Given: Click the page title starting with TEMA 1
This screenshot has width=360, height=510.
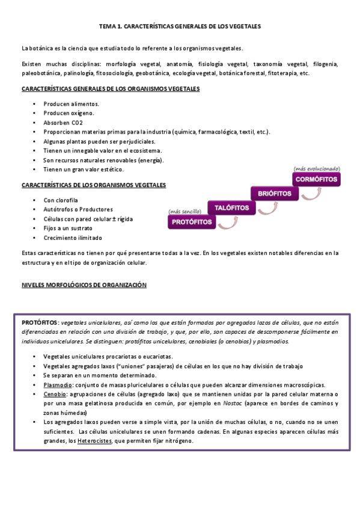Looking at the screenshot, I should pos(180,27).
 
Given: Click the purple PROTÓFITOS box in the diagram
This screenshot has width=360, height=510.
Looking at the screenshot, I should pos(192,222).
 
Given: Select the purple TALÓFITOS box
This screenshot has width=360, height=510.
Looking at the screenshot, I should pos(228,207).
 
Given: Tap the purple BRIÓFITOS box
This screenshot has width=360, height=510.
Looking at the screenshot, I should pos(274,193).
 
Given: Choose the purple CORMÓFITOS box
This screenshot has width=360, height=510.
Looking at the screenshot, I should pos(317,179).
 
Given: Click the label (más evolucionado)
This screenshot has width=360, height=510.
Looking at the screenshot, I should pos(316,168).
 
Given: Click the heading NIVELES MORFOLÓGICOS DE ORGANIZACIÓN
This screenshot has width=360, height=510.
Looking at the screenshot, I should pos(84,285).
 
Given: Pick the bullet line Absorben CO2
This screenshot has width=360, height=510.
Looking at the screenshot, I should pos(63,122).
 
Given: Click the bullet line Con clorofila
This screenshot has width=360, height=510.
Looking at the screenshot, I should pos(61,200).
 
